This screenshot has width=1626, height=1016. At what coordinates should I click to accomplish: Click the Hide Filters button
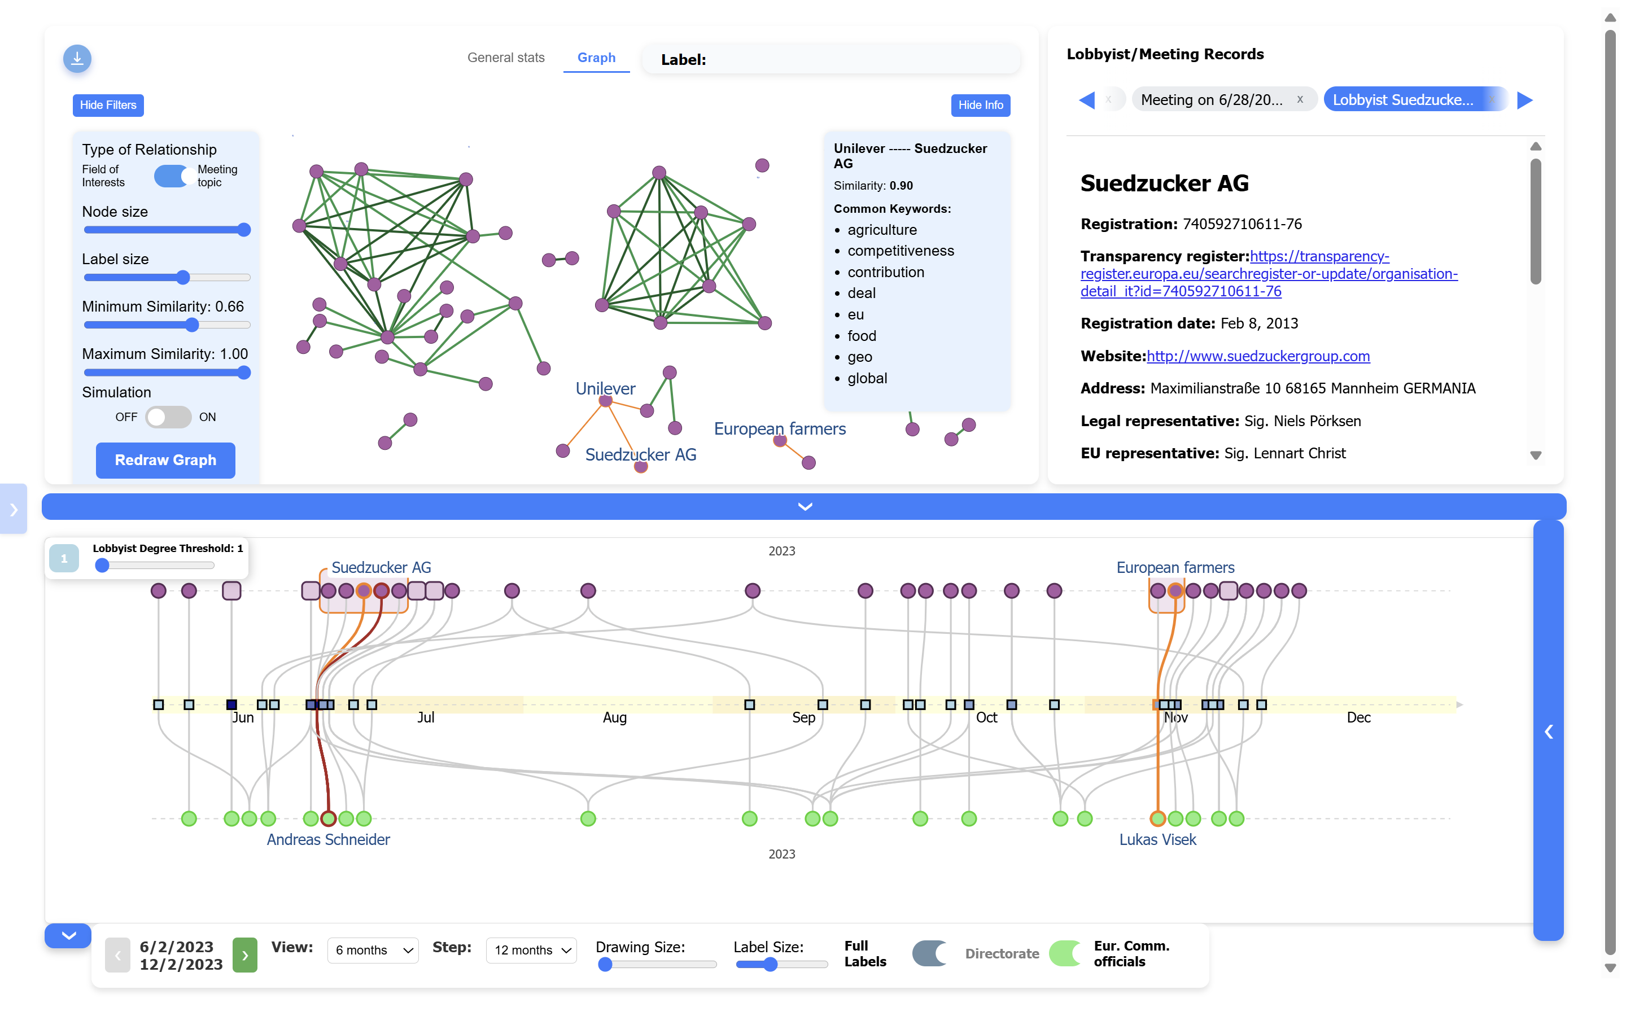point(107,105)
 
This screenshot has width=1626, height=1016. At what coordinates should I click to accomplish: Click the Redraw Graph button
point(165,460)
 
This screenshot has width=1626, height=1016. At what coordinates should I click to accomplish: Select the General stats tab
point(506,58)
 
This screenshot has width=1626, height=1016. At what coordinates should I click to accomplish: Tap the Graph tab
point(596,58)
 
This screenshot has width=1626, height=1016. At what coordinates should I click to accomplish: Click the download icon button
point(77,59)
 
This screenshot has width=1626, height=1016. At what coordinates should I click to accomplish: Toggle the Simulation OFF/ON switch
point(169,417)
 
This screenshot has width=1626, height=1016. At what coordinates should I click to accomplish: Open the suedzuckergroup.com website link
point(1258,356)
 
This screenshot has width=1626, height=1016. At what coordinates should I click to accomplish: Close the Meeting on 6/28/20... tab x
point(1300,99)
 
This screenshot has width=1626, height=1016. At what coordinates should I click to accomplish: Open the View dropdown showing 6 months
point(373,950)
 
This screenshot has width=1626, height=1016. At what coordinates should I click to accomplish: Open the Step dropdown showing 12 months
point(531,950)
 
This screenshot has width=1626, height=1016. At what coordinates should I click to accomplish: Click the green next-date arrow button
point(244,955)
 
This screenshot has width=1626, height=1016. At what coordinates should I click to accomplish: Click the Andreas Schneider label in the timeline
point(328,840)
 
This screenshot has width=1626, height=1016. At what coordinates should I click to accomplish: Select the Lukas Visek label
point(1158,840)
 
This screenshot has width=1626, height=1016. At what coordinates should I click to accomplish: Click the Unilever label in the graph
point(605,388)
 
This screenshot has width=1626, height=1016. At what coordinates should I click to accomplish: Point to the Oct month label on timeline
point(986,717)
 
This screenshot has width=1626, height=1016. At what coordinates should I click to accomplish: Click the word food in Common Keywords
point(862,336)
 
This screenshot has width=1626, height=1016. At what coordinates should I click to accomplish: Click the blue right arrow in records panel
point(1524,100)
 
